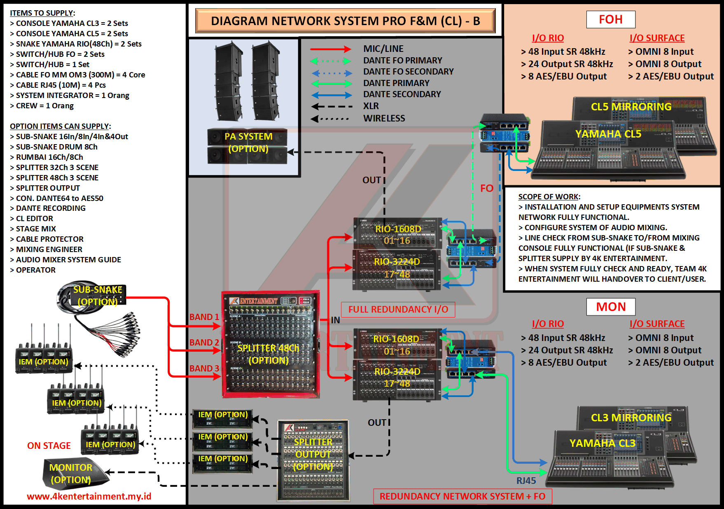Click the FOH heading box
611,19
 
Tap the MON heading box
611,307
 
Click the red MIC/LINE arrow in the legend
330,49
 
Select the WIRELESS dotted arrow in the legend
330,119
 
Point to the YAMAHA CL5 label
608,134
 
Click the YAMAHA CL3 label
602,443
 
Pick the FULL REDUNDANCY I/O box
398,309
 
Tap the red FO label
486,189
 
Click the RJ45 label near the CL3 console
526,481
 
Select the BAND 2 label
204,343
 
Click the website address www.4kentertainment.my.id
89,496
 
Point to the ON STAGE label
49,446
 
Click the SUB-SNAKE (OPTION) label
98,296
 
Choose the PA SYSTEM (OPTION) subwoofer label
248,142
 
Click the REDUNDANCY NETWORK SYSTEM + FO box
462,496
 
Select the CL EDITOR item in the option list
34,219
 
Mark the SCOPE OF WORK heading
549,197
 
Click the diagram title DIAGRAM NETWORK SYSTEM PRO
345,21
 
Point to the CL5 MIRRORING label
631,107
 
